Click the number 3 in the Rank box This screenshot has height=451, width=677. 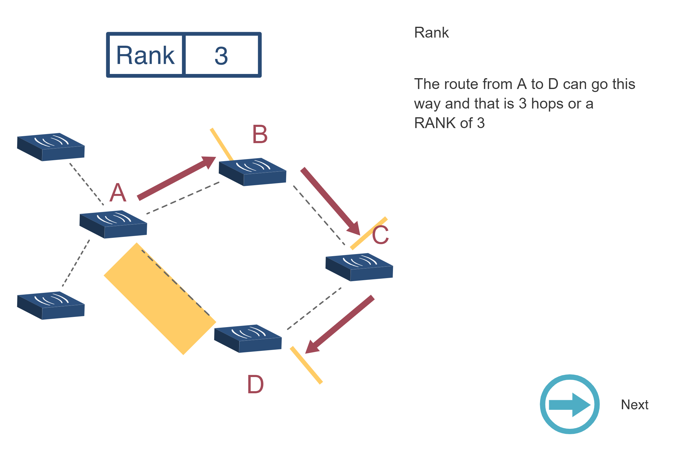tap(221, 56)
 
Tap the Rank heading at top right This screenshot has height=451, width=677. tap(431, 32)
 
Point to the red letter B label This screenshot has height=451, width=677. tap(260, 134)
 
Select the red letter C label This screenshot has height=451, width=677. tap(380, 235)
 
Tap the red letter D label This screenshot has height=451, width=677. tap(255, 385)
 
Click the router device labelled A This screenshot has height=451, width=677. tap(113, 224)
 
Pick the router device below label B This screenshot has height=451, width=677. tap(252, 172)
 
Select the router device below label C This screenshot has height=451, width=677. tap(359, 267)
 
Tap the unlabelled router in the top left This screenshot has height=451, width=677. tap(51, 147)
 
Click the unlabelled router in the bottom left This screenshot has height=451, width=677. tap(51, 305)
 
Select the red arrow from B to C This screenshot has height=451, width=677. tap(330, 201)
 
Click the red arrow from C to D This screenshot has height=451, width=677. tap(340, 324)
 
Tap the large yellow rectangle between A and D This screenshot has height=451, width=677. tap(160, 299)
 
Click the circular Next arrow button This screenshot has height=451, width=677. tap(569, 404)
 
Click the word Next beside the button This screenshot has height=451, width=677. tap(634, 405)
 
